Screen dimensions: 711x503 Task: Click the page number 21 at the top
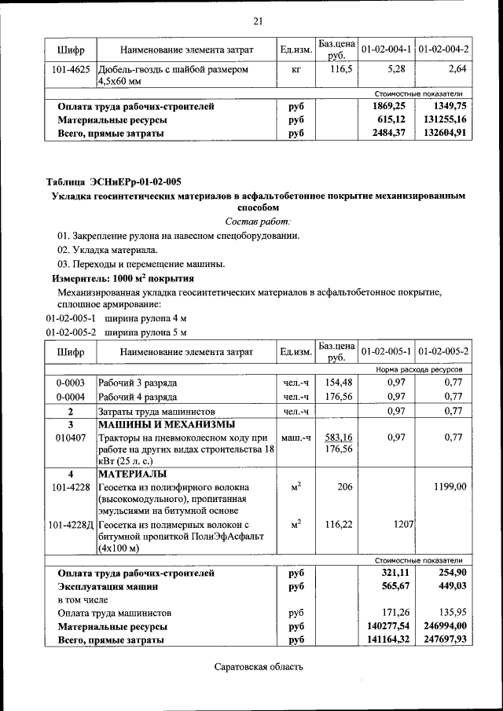258,20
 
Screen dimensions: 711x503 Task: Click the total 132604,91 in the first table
445,133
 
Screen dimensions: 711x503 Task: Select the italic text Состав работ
258,223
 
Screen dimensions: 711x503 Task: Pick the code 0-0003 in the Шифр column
71,383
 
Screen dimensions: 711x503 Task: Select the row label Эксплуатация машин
108,587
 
